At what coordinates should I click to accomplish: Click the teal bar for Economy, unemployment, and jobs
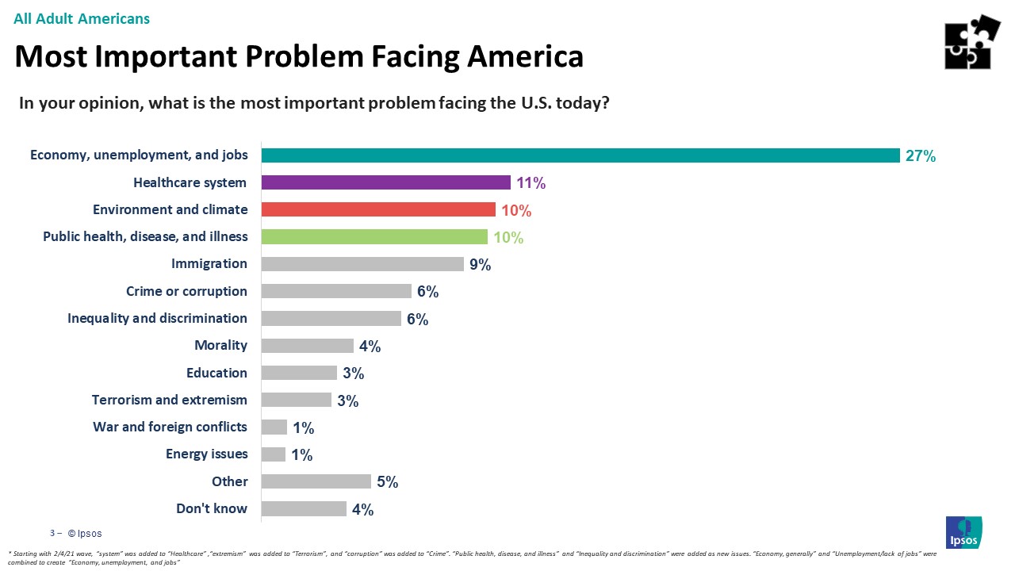(x=580, y=155)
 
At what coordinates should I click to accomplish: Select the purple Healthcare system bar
(x=385, y=182)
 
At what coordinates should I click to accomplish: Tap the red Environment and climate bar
(x=378, y=209)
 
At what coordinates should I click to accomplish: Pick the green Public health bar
(x=374, y=236)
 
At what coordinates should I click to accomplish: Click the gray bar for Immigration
(x=362, y=263)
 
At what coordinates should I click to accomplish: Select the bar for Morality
(x=307, y=346)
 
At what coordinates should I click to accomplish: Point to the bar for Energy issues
(x=274, y=454)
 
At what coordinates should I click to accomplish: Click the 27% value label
(x=921, y=156)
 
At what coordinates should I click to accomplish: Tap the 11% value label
(x=530, y=183)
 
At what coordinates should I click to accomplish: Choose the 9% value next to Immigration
(x=480, y=265)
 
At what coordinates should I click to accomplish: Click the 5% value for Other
(x=387, y=482)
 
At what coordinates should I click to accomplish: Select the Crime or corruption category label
(x=186, y=291)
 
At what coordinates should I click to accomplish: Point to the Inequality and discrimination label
(x=157, y=318)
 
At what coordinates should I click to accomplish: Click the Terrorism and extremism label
(x=169, y=400)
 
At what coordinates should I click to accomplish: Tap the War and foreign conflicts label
(x=170, y=427)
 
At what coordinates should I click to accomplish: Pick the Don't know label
(x=211, y=508)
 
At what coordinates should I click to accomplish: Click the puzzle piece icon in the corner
(x=971, y=42)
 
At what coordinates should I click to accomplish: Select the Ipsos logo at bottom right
(x=963, y=532)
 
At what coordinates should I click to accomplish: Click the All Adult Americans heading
(x=82, y=18)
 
